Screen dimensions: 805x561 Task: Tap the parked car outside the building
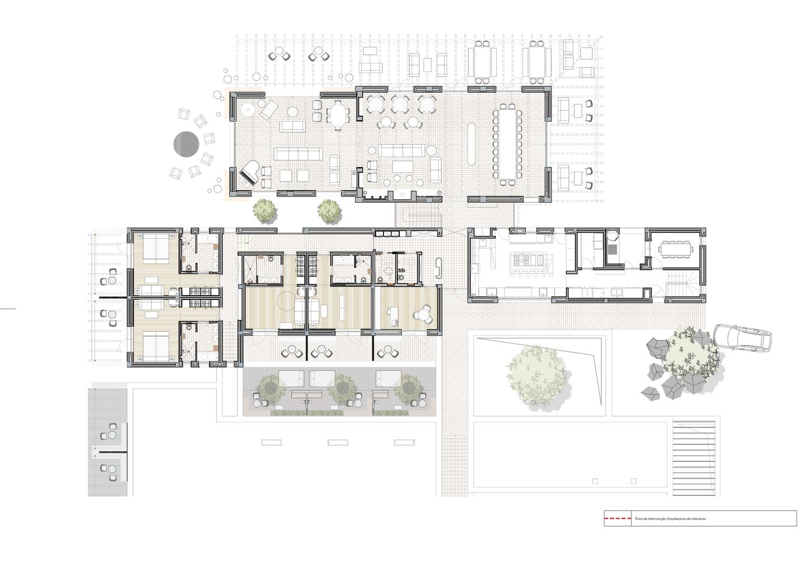742,337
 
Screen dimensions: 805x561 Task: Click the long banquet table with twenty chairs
507,144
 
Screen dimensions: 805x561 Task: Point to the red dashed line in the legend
617,518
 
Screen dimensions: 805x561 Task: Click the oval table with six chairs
338,114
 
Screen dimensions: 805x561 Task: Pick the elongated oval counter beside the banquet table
472,144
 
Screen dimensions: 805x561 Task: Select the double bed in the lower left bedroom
156,347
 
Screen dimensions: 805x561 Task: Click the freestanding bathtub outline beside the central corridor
439,268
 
